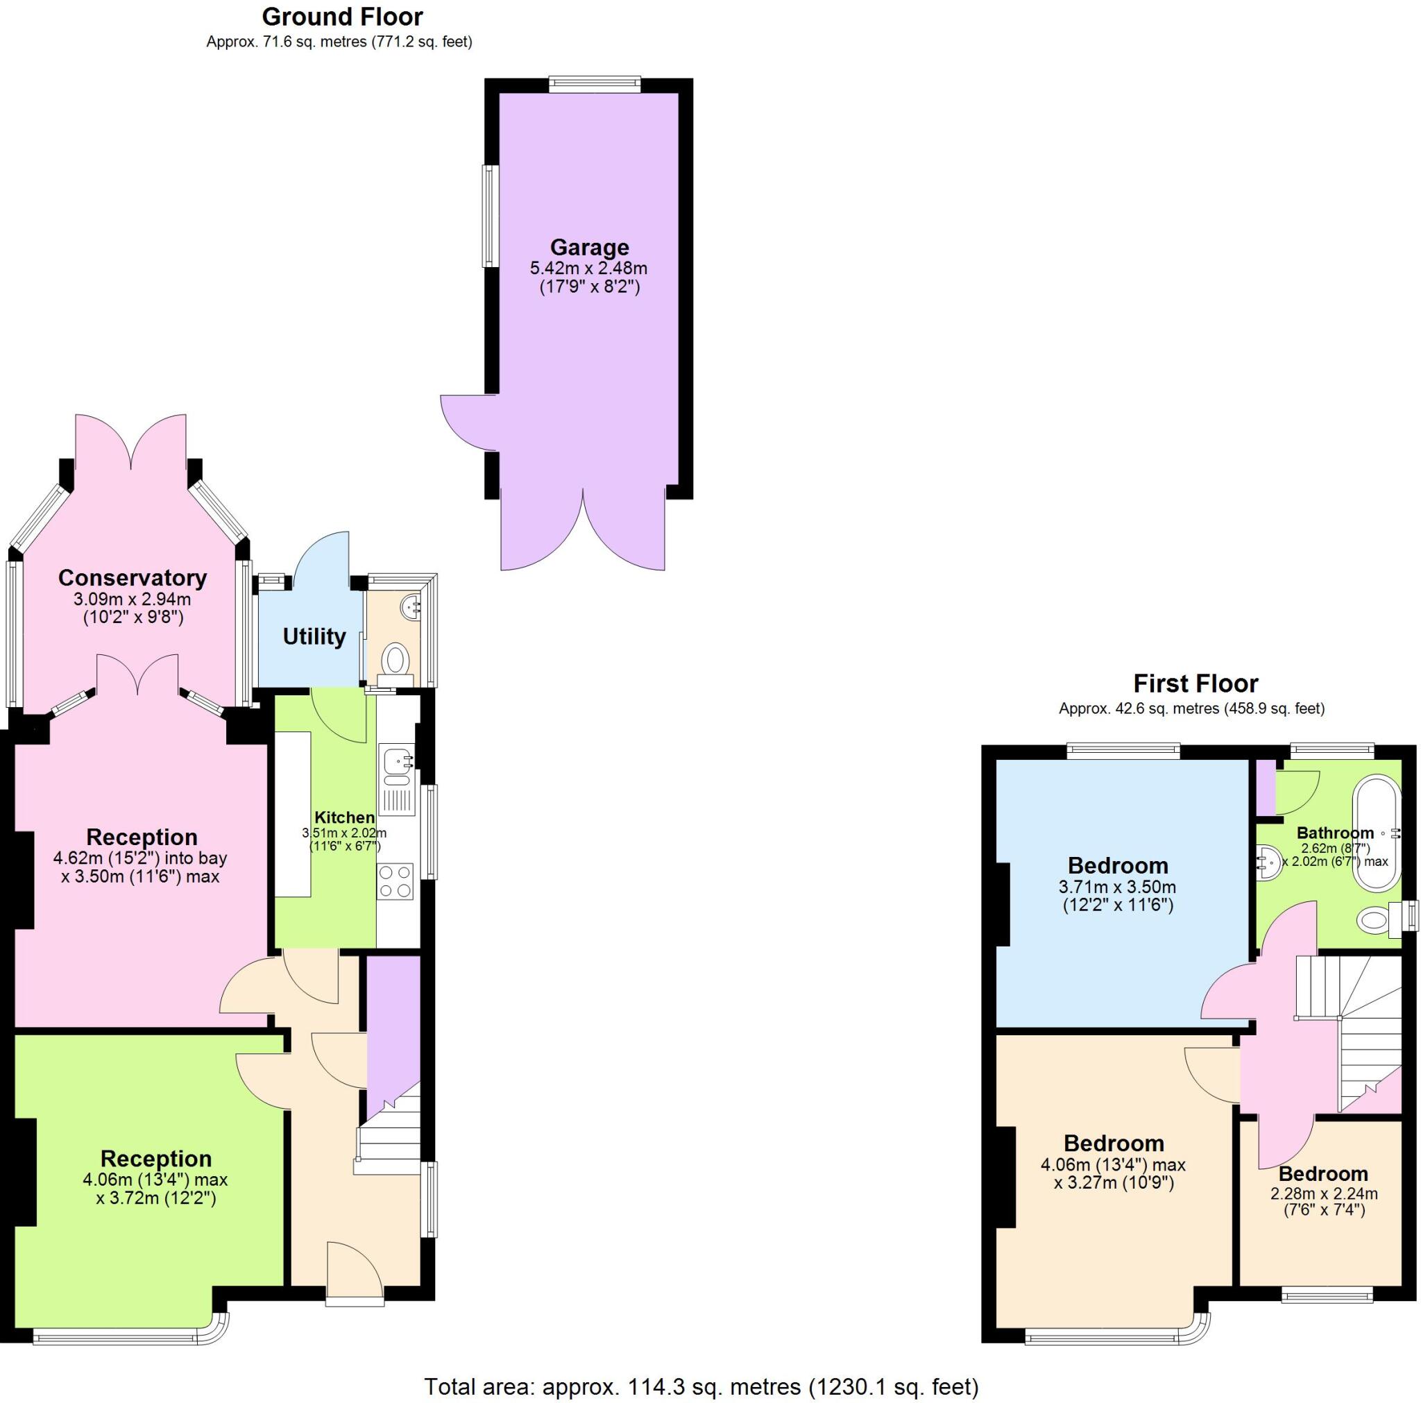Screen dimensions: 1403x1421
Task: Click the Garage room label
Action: pos(589,247)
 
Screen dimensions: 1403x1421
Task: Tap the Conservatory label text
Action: pos(133,577)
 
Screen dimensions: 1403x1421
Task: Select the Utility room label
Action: pos(314,636)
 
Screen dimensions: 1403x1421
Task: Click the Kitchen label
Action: pos(344,817)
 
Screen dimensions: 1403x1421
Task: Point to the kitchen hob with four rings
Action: pos(395,882)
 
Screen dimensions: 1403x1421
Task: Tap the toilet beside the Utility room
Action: pos(396,659)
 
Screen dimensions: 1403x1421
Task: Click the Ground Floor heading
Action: pos(342,16)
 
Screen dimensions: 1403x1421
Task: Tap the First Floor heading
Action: pos(1195,683)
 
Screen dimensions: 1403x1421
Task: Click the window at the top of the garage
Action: pos(595,84)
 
